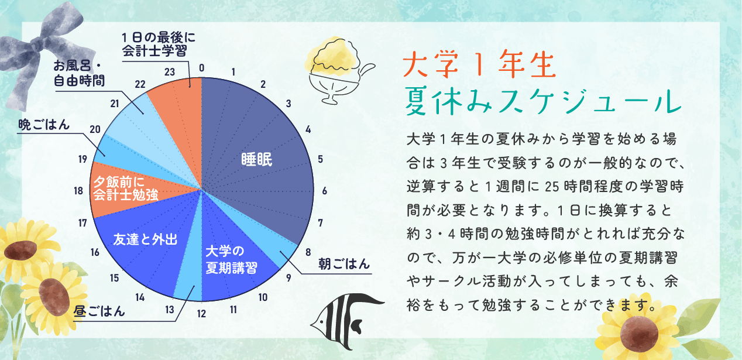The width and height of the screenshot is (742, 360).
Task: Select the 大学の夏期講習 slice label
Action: pyautogui.click(x=231, y=259)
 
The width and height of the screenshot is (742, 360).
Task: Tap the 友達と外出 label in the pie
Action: pyautogui.click(x=146, y=239)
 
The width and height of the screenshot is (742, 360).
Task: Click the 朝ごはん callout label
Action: pyautogui.click(x=344, y=264)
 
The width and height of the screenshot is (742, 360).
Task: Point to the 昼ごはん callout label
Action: pyautogui.click(x=99, y=311)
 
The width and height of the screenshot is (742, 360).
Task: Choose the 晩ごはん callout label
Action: pyautogui.click(x=44, y=125)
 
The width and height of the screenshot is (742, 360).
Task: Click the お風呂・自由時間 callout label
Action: pyautogui.click(x=79, y=73)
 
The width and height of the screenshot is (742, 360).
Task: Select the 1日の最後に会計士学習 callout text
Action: pyautogui.click(x=159, y=44)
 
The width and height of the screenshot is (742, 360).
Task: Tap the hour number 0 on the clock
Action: pyautogui.click(x=201, y=68)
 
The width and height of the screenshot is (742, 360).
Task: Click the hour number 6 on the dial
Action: pyautogui.click(x=324, y=191)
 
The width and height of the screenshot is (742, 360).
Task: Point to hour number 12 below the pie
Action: pyautogui.click(x=201, y=314)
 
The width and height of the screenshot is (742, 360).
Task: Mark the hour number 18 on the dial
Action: pyautogui.click(x=78, y=191)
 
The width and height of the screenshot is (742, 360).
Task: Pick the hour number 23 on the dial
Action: pyautogui.click(x=170, y=72)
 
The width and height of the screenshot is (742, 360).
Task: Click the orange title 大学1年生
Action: pyautogui.click(x=479, y=64)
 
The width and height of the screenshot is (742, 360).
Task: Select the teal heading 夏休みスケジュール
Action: pyautogui.click(x=543, y=101)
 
